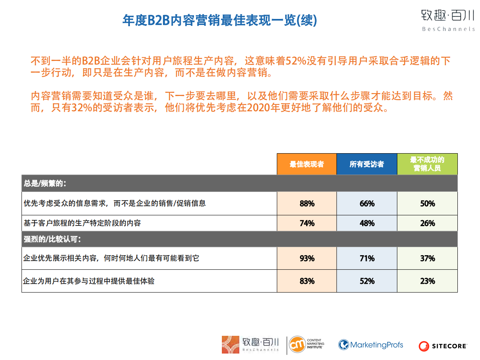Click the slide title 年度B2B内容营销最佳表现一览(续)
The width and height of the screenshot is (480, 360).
pos(219,21)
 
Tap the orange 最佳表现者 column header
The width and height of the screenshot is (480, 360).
pos(307,164)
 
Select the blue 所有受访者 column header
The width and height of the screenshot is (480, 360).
pos(367,164)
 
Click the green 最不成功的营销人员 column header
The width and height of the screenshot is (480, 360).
pos(427,164)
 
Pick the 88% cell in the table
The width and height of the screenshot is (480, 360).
pos(307,204)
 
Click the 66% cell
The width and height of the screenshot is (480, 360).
pos(367,204)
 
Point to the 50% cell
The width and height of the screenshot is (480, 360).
pos(427,204)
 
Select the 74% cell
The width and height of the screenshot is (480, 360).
pos(307,223)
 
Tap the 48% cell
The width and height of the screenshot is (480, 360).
pos(367,223)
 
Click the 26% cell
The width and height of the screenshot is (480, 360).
pos(427,223)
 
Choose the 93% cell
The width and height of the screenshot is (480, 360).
pos(307,258)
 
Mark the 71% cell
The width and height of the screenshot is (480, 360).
pos(367,258)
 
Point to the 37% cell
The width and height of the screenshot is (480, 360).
pos(427,258)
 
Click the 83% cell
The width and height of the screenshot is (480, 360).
pos(307,281)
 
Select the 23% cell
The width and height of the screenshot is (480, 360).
pos(427,281)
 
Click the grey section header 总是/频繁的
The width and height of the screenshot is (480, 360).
pos(45,183)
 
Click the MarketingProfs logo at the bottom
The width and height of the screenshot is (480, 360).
pos(371,345)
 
